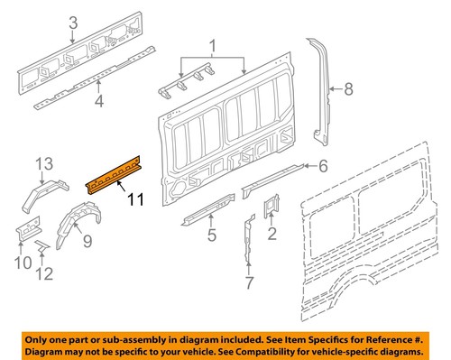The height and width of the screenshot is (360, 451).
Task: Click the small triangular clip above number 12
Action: [x=42, y=245]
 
